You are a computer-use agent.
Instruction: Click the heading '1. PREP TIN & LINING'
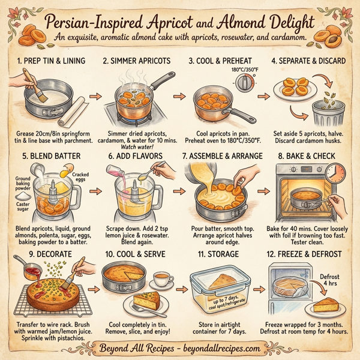click(50, 61)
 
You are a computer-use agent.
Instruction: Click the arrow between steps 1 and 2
click(94, 95)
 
